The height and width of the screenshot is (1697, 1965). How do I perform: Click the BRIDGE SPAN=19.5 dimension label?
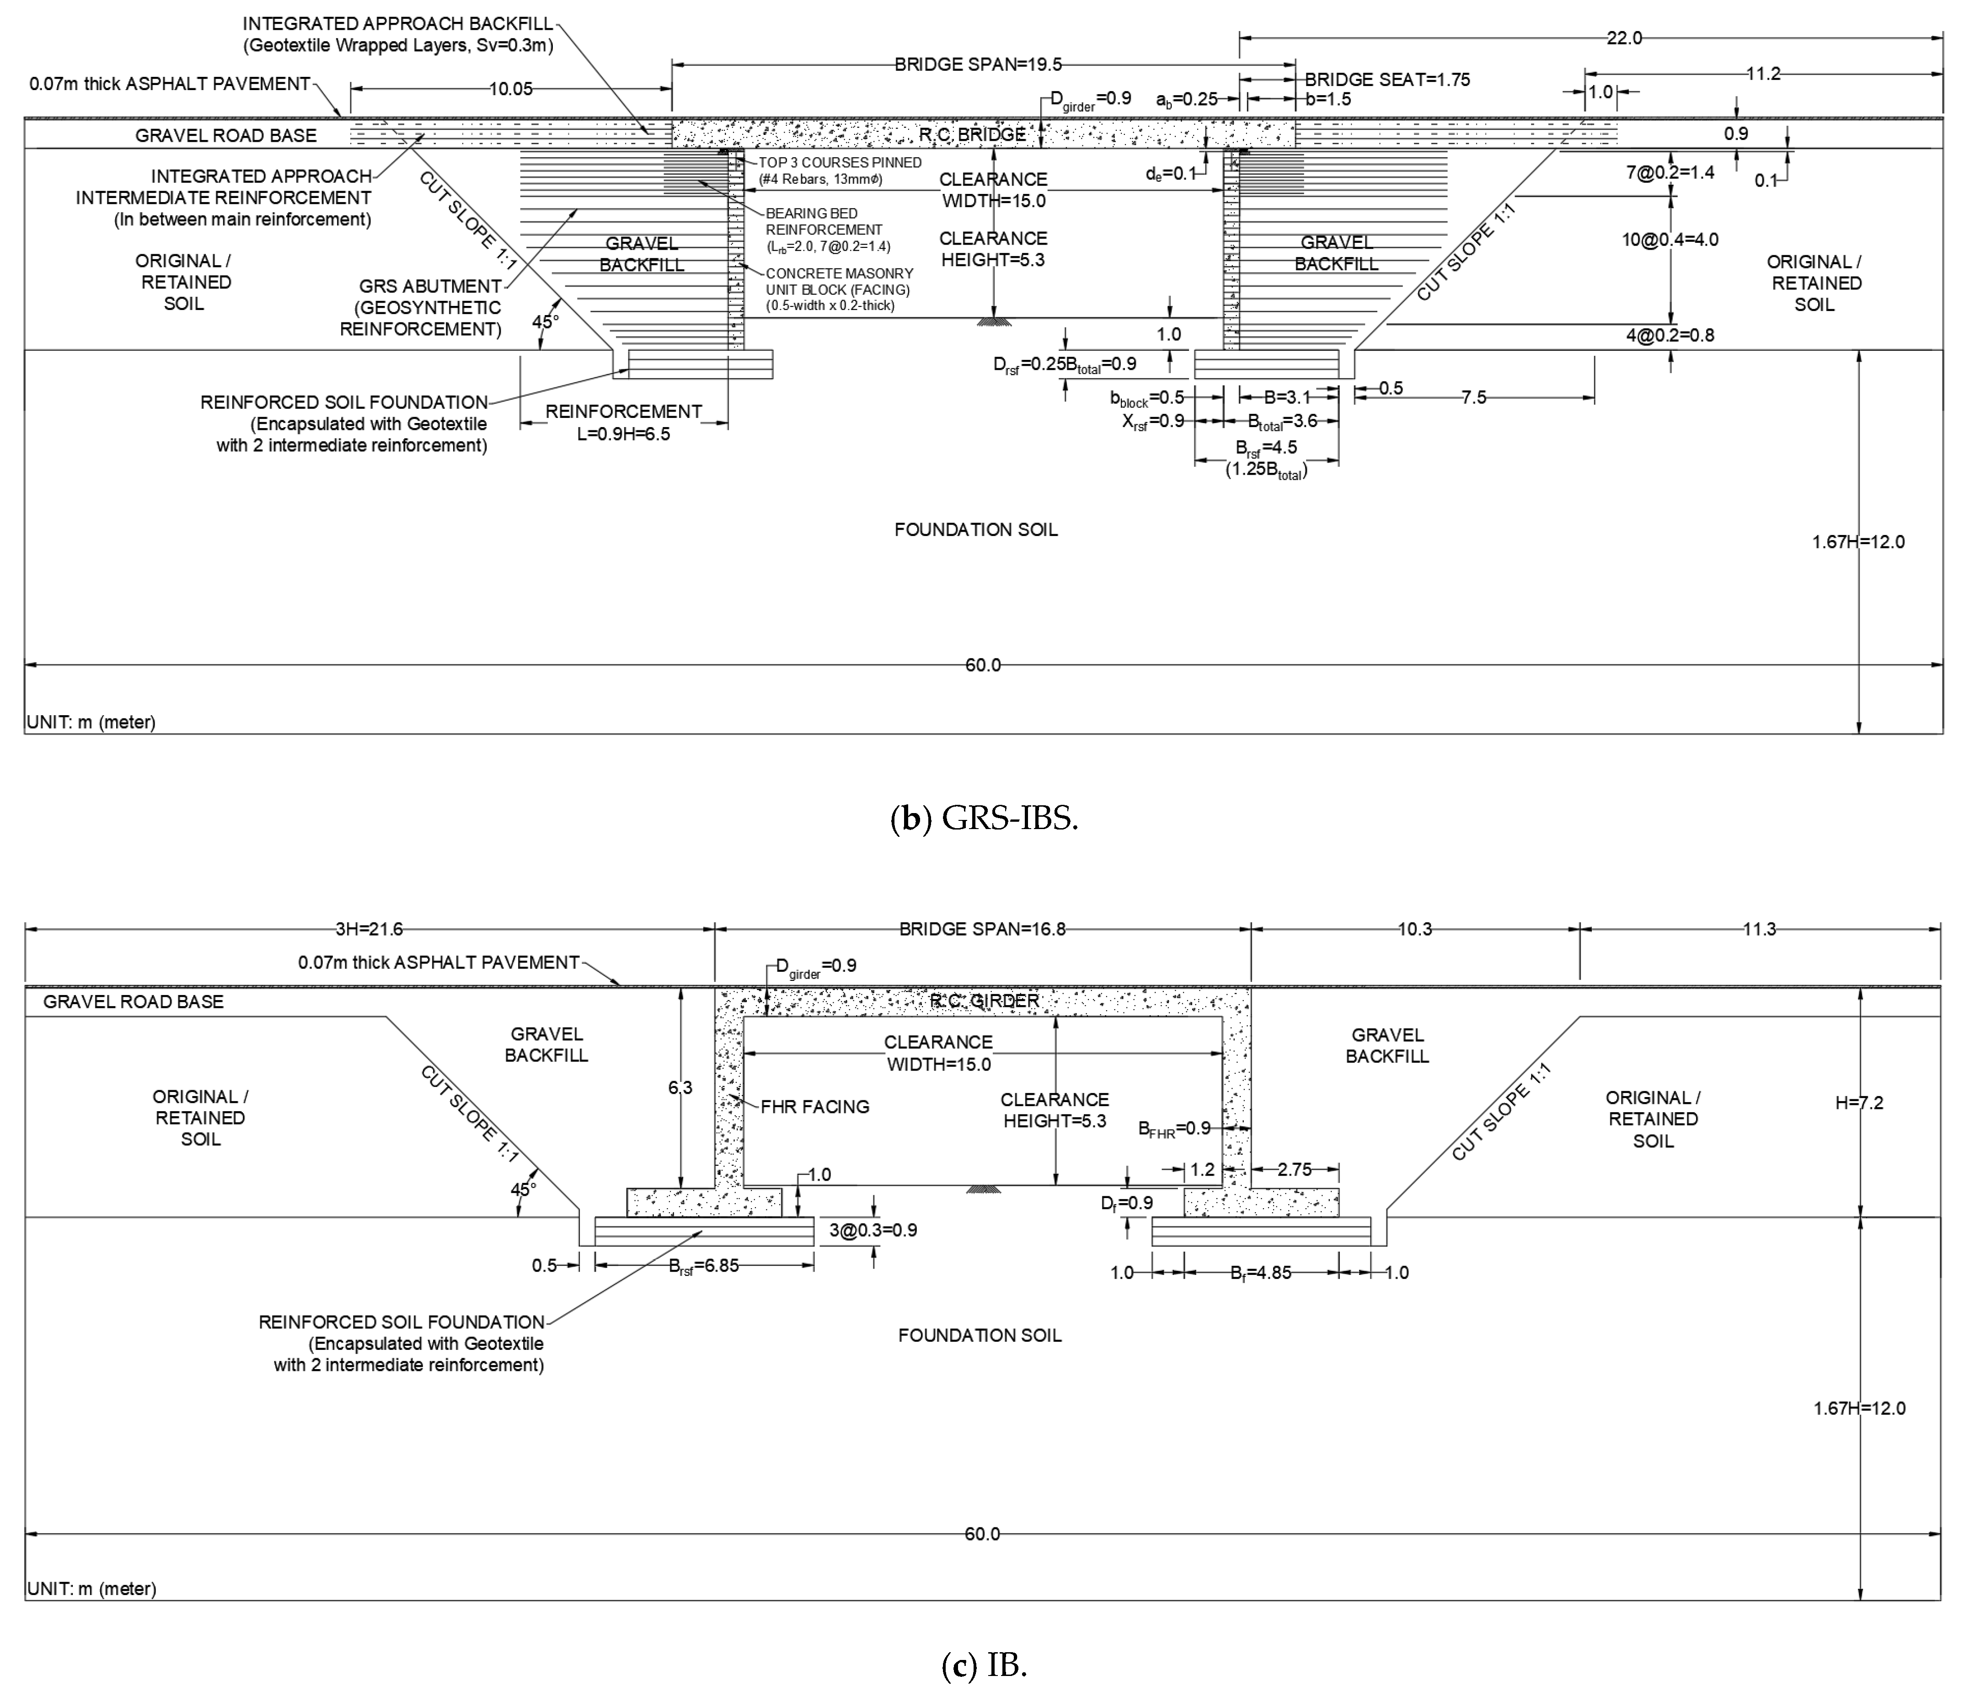coord(978,64)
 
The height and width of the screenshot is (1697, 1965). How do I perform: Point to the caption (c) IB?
coord(984,1665)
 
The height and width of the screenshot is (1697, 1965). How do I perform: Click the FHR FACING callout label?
coord(814,1106)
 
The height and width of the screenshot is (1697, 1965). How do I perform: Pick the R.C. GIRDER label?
coord(985,1000)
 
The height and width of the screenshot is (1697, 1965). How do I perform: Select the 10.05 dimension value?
coord(510,89)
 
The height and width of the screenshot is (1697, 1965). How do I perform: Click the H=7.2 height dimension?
coord(1859,1102)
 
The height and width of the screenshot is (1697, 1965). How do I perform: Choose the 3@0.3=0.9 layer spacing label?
coord(873,1230)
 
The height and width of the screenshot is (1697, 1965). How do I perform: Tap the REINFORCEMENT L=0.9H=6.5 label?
coord(623,422)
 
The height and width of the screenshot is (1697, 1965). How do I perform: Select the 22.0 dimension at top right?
coord(1623,38)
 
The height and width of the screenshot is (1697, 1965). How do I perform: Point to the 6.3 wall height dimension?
coord(680,1087)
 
